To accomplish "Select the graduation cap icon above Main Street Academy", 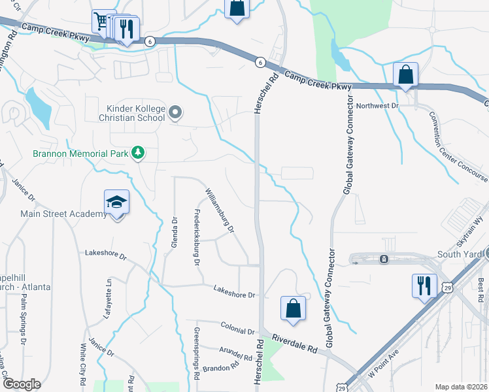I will pyautogui.click(x=117, y=201).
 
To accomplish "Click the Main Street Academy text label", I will pyautogui.click(x=63, y=214).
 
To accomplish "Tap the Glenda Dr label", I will pyautogui.click(x=175, y=233).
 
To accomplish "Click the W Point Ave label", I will pyautogui.click(x=384, y=363).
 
